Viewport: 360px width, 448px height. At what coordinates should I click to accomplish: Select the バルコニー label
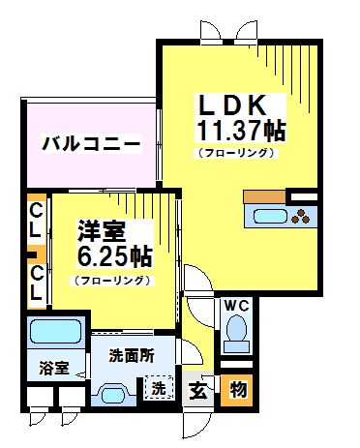tap(91, 144)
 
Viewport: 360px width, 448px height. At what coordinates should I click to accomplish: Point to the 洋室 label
tap(101, 231)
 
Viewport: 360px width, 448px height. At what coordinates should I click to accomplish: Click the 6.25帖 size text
tap(113, 257)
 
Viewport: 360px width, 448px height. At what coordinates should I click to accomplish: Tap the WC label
tap(236, 307)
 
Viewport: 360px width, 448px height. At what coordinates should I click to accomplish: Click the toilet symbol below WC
tap(236, 338)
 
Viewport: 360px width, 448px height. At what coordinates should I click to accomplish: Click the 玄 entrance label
tap(197, 391)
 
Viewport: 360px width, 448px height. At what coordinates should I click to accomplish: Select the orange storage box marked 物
tap(236, 390)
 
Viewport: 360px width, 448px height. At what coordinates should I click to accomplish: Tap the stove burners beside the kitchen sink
tap(303, 214)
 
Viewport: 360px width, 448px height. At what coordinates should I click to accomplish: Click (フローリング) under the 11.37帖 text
tap(237, 153)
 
